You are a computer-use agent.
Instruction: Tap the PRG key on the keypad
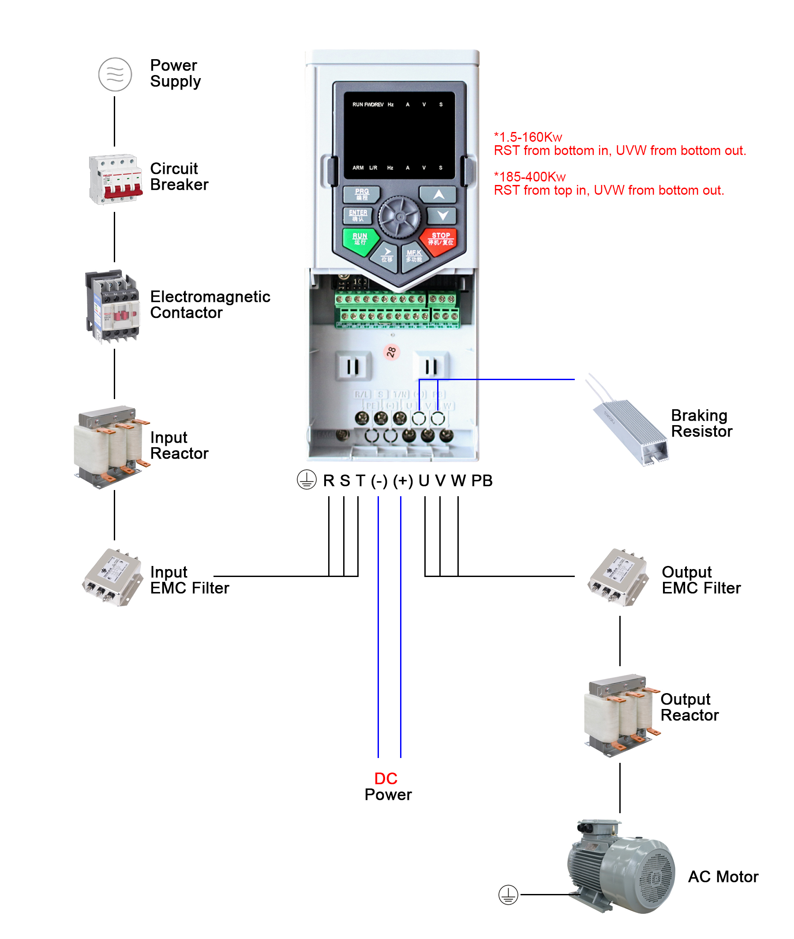tap(361, 194)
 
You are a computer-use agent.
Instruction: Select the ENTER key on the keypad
tap(358, 215)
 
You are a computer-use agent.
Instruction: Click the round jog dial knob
tap(399, 217)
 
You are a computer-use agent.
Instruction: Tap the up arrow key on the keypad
tap(438, 195)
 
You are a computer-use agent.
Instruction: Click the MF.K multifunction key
tap(414, 256)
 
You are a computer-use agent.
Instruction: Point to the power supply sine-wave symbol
tap(115, 74)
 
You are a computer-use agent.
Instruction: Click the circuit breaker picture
tap(116, 179)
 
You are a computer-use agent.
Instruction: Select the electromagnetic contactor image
tap(112, 306)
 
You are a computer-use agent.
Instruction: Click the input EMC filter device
tap(112, 577)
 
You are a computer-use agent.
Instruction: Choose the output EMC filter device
tap(618, 577)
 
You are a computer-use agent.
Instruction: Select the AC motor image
tap(621, 867)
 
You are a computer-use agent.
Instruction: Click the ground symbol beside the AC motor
tap(508, 895)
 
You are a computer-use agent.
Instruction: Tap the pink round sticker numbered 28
tap(391, 352)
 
